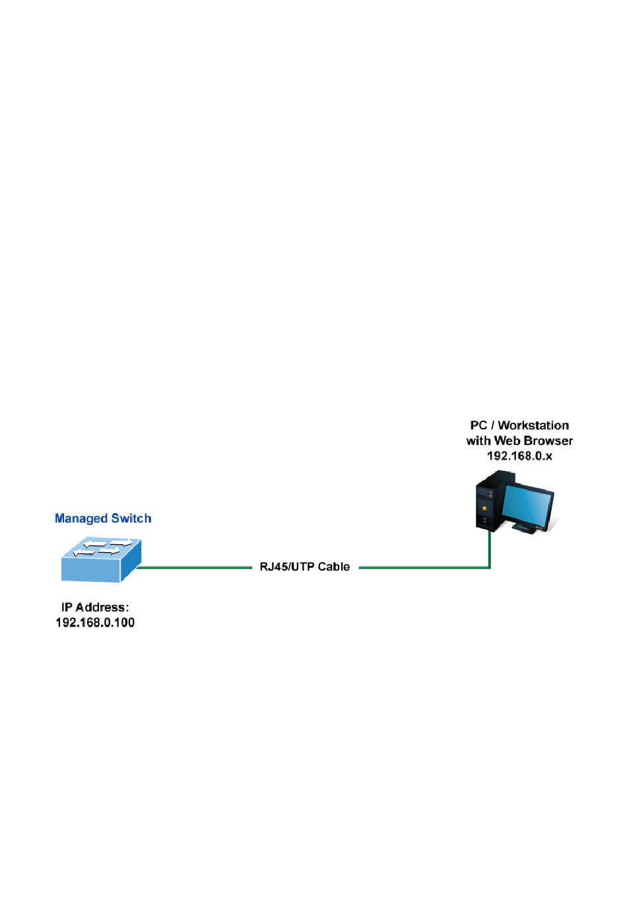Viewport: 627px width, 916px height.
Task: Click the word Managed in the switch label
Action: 81,519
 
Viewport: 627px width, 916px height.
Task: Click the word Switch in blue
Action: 131,518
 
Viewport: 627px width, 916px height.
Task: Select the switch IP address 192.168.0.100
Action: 95,623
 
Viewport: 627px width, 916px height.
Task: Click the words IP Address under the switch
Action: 94,608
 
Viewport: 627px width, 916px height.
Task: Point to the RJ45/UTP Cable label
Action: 304,567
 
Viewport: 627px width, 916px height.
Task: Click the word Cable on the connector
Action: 334,567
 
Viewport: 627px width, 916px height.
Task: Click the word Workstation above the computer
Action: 533,426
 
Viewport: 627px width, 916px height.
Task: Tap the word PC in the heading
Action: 478,426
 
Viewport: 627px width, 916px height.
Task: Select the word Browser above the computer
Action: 548,441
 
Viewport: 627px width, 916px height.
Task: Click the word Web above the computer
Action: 507,441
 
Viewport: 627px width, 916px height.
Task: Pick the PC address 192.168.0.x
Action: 519,456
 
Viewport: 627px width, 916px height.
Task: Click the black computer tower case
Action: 487,500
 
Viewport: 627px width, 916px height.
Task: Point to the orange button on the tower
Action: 485,509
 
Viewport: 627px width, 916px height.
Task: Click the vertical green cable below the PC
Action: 490,548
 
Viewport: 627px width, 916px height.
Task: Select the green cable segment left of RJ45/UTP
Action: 195,567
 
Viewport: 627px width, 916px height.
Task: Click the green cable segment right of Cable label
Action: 422,567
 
